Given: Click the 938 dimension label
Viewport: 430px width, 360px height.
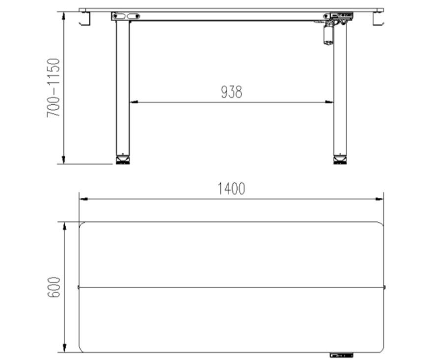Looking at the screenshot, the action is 232,92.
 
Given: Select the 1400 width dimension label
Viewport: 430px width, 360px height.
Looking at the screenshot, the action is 231,189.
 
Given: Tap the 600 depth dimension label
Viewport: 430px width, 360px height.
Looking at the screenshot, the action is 54,287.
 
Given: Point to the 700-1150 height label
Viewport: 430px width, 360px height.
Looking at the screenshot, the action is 53,87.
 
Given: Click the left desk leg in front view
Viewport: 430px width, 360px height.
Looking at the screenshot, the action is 123,87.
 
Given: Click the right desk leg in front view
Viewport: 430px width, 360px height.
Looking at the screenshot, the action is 340,90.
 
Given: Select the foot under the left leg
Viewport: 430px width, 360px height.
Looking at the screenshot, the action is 123,160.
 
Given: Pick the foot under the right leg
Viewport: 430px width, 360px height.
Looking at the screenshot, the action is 340,160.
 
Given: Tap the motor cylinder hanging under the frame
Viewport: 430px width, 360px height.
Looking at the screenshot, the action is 328,35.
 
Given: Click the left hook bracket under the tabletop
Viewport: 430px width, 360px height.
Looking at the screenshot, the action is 85,19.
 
